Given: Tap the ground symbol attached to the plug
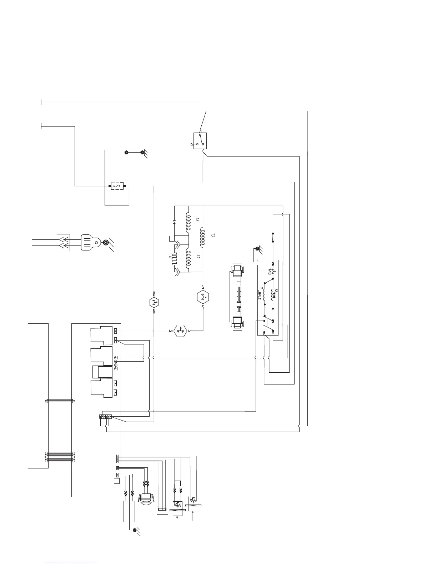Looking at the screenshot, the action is (x=107, y=243).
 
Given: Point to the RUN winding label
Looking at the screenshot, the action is (x=274, y=295).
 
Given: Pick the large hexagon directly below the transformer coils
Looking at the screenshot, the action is (x=203, y=297).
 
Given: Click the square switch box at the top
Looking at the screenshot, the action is (x=200, y=141).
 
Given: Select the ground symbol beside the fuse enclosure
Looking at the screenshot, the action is (x=143, y=154).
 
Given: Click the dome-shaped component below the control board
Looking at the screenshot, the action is (x=146, y=499).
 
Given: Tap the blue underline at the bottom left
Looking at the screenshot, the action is (x=71, y=563).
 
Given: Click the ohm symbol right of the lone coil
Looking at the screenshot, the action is (x=213, y=235).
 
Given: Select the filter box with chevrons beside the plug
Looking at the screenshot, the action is (x=64, y=243).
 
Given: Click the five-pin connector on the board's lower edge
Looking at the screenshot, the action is (x=105, y=417).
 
